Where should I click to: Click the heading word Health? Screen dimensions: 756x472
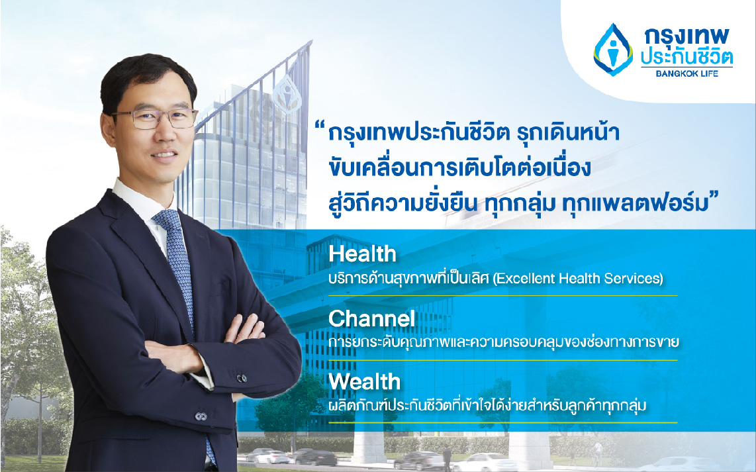click(362, 254)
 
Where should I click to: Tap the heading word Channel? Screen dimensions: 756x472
click(371, 318)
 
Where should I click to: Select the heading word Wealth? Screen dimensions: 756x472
click(365, 382)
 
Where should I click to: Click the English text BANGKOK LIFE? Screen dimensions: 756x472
click(686, 73)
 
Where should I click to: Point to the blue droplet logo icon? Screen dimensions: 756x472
click(613, 50)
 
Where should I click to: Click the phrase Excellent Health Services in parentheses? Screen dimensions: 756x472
click(578, 278)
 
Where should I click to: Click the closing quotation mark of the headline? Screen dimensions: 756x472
click(714, 196)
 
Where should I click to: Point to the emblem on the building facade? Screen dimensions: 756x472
click(287, 94)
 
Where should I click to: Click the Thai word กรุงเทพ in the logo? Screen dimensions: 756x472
click(686, 38)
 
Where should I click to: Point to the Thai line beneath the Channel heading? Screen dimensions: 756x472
click(503, 342)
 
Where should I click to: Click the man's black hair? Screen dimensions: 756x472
click(148, 77)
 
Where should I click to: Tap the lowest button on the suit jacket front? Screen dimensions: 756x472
click(201, 416)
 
